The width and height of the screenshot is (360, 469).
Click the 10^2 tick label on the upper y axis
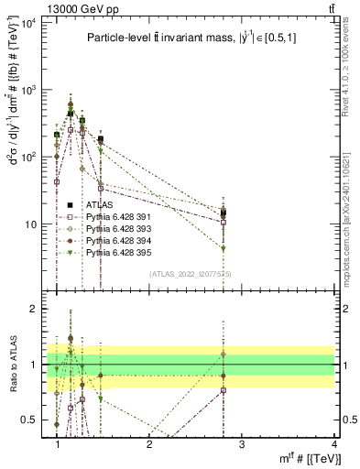tap(30, 157)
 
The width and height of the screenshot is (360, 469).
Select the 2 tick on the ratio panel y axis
tap(34, 309)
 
